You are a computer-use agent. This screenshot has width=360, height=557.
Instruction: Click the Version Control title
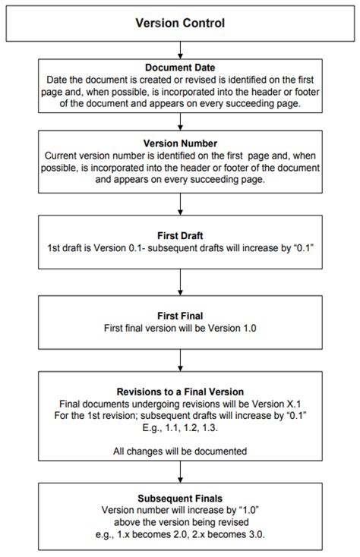coord(180,24)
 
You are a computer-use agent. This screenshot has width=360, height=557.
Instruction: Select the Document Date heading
coord(180,68)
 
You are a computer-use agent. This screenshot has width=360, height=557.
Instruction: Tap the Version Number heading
coord(180,143)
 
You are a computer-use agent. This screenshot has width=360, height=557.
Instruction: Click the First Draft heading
coord(180,236)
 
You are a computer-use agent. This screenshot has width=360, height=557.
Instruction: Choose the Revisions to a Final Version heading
coord(180,392)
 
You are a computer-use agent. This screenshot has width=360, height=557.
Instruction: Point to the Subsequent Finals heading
coord(180,499)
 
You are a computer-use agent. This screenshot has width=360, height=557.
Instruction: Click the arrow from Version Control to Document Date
coord(180,49)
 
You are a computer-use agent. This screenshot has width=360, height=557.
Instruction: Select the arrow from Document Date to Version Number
coord(180,121)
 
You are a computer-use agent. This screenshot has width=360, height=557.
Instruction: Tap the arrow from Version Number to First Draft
coord(180,203)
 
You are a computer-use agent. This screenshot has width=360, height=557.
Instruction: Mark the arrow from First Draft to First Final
coord(180,282)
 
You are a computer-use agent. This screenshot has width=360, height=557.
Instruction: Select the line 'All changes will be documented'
coord(180,451)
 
